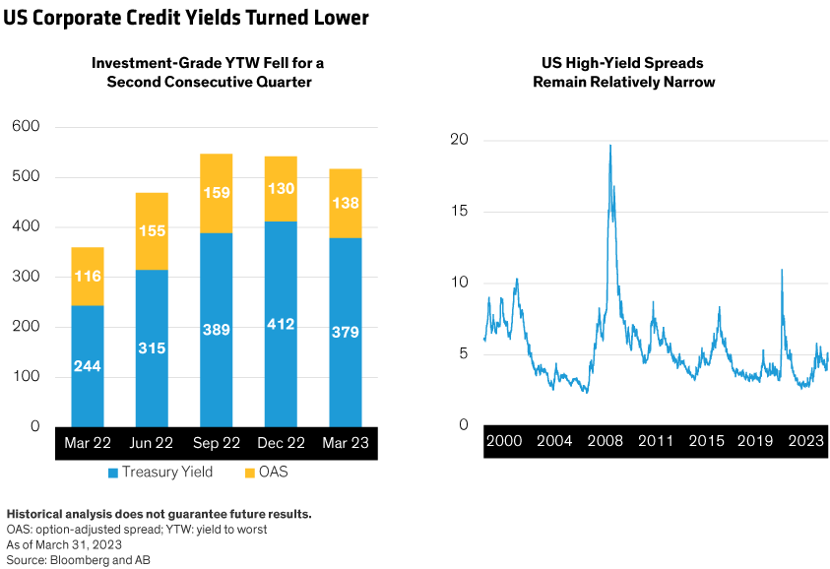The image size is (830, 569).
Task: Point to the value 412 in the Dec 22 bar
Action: tap(281, 324)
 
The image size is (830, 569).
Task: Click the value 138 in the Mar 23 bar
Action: tap(345, 204)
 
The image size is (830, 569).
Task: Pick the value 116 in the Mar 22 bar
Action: tap(88, 277)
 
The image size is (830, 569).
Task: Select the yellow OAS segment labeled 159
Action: tap(216, 193)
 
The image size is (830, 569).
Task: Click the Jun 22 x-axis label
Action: tap(152, 443)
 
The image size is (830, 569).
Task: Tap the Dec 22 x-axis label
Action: tap(281, 443)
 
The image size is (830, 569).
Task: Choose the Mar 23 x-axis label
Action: tap(345, 443)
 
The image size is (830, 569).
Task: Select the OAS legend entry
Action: tap(266, 474)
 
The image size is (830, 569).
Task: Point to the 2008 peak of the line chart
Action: tap(610, 146)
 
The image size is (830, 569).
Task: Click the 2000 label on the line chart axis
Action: tap(504, 441)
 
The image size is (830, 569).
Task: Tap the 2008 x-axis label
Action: tap(605, 441)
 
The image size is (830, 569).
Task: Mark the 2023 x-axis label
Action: tap(805, 441)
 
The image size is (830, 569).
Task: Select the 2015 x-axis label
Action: tap(705, 441)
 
